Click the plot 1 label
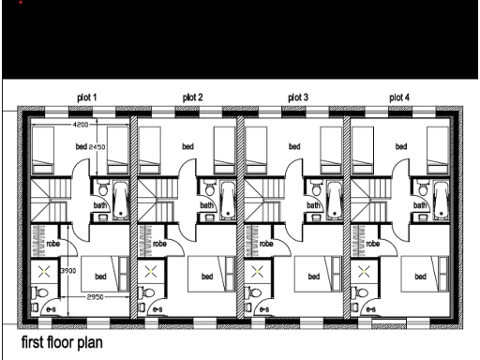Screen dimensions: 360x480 [86, 97]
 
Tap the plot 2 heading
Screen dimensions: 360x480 [193, 97]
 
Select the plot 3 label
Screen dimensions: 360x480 [298, 97]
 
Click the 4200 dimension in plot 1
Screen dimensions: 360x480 [82, 124]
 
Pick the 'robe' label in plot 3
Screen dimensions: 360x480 [266, 243]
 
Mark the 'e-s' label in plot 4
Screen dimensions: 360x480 [371, 308]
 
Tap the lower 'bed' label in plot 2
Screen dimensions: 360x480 [206, 277]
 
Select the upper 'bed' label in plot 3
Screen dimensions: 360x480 [294, 147]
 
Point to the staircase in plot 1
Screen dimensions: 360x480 [52, 199]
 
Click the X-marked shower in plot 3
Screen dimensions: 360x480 [256, 272]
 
